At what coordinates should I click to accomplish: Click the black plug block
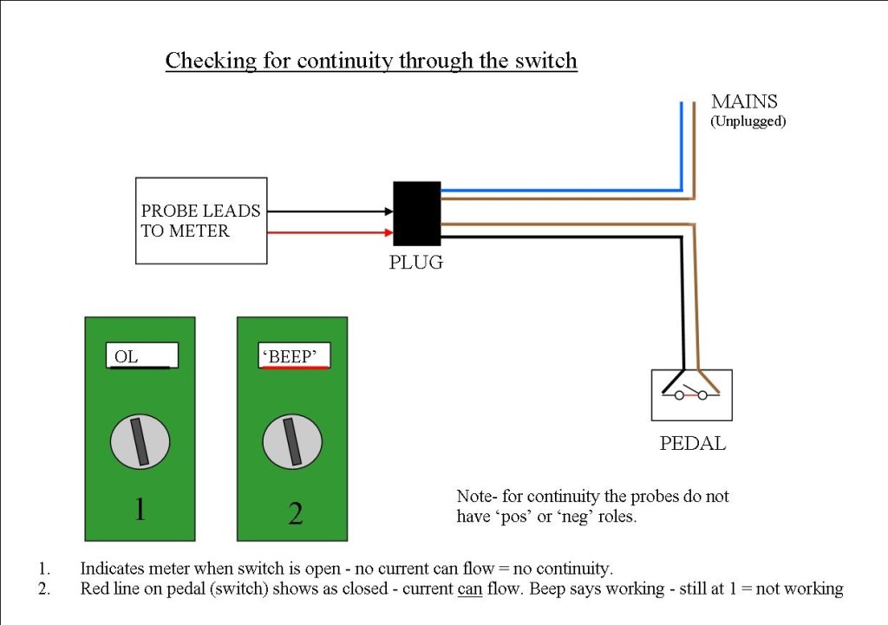tap(417, 213)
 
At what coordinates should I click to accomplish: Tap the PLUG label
tap(415, 262)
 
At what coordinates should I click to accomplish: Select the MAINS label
tap(745, 101)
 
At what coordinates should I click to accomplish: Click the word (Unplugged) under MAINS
tap(748, 121)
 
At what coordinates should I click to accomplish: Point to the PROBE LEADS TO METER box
tap(201, 220)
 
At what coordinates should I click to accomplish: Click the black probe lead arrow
tap(330, 212)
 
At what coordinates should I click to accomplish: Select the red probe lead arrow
tap(330, 232)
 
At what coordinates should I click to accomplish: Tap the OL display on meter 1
tap(144, 355)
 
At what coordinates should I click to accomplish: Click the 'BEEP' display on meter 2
tap(295, 355)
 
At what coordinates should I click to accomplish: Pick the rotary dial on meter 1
tap(140, 439)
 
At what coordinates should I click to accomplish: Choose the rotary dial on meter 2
tap(293, 439)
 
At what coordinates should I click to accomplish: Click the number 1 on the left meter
tap(140, 511)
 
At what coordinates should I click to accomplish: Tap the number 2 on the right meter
tap(295, 514)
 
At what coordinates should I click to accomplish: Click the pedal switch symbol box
tap(691, 395)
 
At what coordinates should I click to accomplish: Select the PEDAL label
tap(692, 444)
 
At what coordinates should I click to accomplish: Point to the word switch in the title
tap(547, 62)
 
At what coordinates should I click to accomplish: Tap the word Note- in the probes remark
tap(476, 497)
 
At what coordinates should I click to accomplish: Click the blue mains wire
tap(564, 189)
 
